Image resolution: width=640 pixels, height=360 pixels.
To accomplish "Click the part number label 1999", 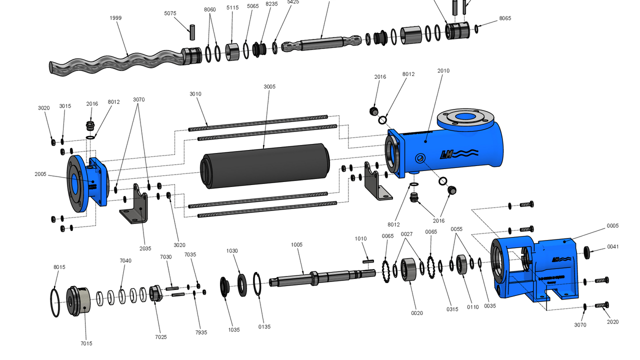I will [x=115, y=18].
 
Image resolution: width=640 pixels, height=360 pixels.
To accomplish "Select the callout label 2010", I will [x=443, y=71].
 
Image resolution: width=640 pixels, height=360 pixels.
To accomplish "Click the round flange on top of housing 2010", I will [x=466, y=118].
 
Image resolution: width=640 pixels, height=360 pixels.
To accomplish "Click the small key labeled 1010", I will [x=368, y=260].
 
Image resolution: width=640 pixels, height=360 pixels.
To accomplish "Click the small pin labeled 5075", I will [x=191, y=31].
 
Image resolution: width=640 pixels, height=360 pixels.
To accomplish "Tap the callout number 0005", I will [x=613, y=226].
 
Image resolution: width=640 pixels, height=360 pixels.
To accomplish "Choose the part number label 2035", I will [x=145, y=248].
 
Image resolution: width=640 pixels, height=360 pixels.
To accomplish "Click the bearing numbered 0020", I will [x=409, y=269].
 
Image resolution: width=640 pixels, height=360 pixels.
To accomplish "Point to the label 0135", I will [x=264, y=327].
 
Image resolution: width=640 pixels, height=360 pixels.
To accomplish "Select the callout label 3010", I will [x=195, y=94].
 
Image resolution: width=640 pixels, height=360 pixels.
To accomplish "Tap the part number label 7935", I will [x=201, y=332].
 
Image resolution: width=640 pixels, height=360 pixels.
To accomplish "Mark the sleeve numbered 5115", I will [x=232, y=52].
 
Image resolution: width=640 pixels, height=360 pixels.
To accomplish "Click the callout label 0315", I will [x=452, y=309].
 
